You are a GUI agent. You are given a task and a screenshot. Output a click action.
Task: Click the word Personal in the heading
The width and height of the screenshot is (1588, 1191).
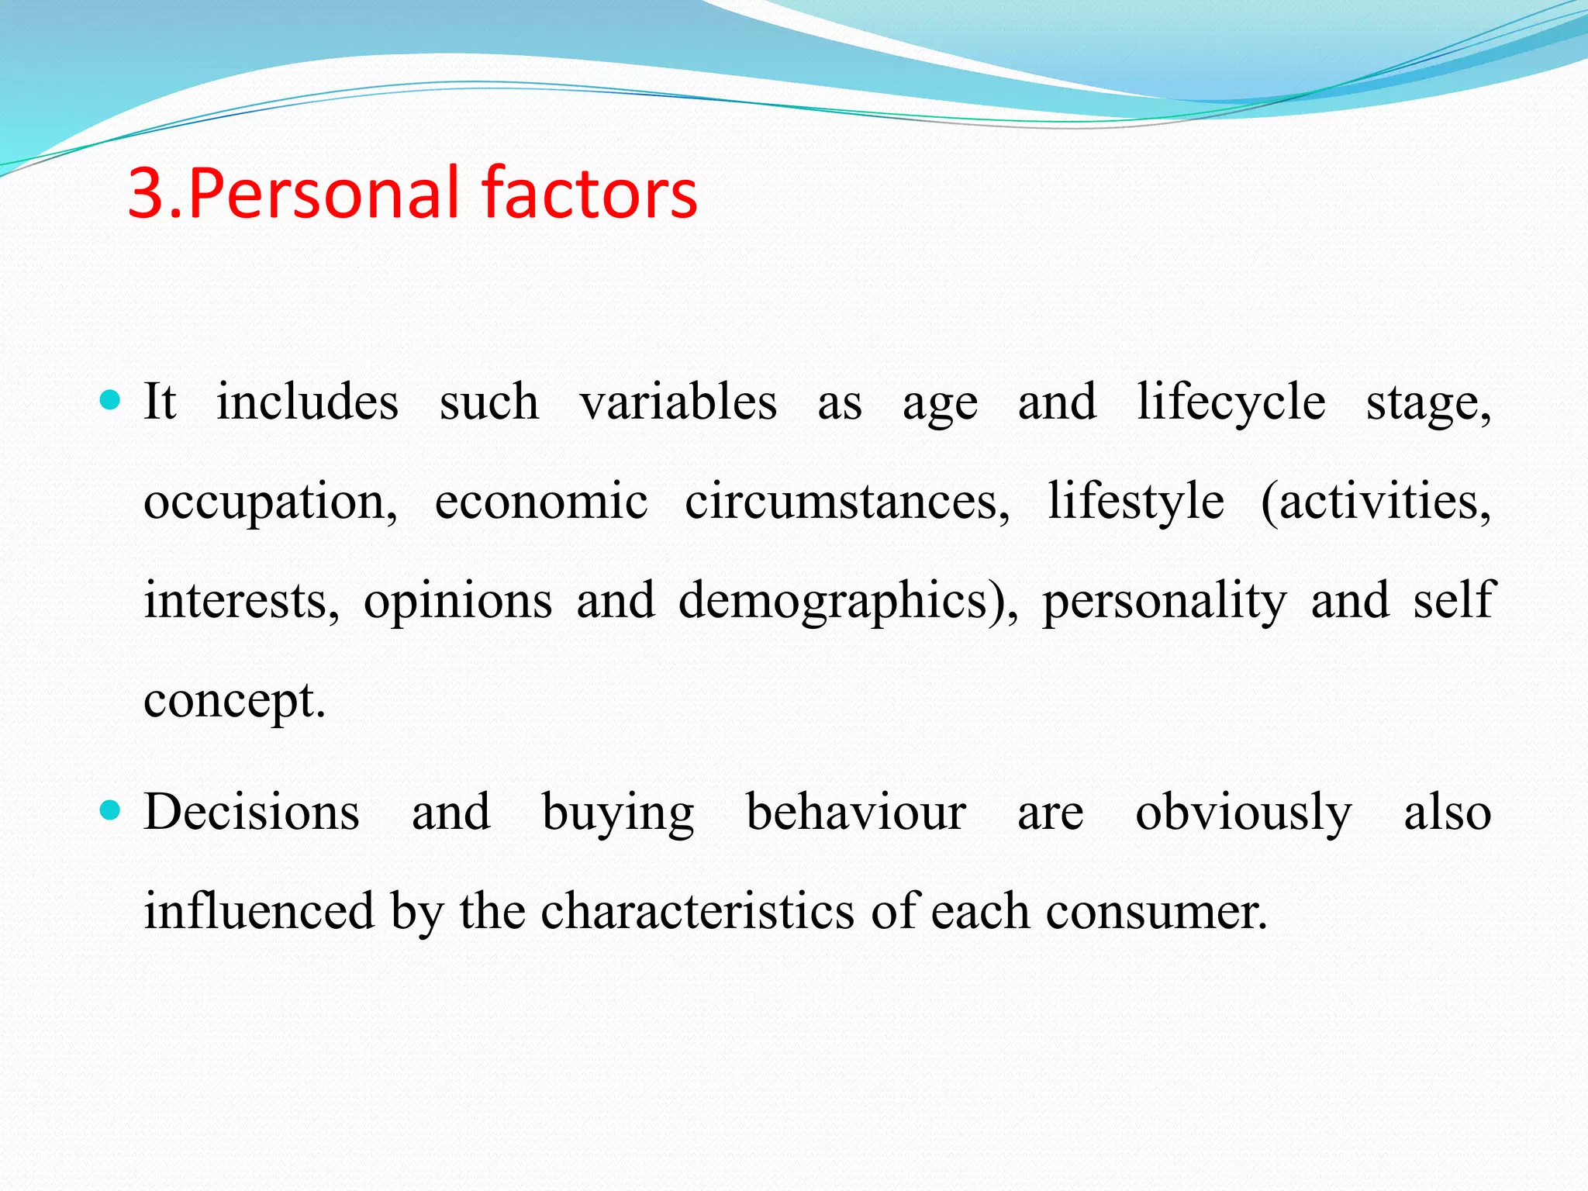pos(326,194)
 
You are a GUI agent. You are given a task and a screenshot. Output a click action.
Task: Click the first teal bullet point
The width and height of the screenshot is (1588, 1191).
pos(112,400)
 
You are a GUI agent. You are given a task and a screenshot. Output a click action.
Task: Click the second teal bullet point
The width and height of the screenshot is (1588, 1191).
pos(112,811)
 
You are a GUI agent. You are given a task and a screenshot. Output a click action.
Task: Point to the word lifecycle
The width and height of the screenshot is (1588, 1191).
pos(1231,403)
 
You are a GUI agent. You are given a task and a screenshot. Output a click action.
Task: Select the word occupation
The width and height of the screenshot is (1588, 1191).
pos(270,502)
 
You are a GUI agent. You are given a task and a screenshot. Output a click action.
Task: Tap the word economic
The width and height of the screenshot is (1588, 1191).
pos(540,501)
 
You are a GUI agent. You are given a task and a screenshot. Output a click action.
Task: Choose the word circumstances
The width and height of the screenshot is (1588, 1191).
pos(847,501)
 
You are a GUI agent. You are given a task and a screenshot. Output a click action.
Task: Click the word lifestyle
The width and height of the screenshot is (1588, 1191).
pos(1135,501)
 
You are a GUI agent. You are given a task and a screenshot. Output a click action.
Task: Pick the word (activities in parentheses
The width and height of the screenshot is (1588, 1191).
pos(1375,501)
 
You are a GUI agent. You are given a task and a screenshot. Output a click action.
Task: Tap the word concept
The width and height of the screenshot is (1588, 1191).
pos(233,701)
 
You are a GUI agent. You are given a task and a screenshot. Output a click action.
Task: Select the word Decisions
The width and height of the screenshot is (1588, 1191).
pos(251,813)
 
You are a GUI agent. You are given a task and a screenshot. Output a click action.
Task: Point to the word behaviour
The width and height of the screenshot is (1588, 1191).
pos(855,813)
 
